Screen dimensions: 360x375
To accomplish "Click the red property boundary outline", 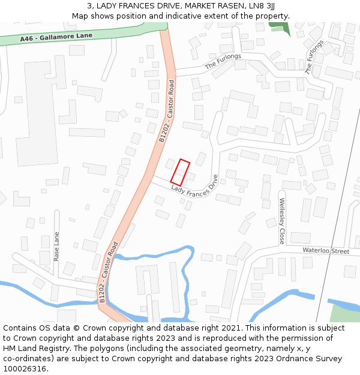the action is click(180, 172).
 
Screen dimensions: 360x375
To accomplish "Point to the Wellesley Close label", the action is click(281, 221).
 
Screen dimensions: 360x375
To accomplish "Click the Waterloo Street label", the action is click(326, 251).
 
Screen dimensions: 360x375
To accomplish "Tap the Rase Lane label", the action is click(57, 246).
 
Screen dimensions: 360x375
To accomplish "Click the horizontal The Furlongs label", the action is click(223, 61).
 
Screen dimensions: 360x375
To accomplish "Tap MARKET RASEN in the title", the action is click(209, 5).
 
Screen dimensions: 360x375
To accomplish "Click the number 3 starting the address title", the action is click(89, 5).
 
